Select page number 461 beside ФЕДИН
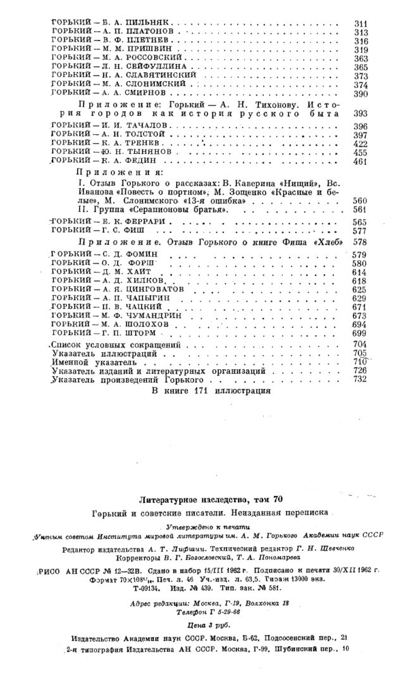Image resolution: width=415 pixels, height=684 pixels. tap(361, 162)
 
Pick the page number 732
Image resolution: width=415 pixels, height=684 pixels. tap(361, 379)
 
